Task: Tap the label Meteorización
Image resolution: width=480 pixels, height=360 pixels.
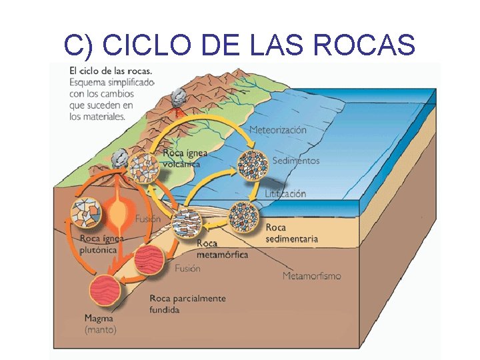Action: (277, 129)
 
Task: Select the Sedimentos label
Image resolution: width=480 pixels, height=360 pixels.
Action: (296, 161)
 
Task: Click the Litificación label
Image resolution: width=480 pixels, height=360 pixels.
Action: (285, 193)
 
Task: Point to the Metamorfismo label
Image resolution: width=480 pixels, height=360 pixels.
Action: (311, 275)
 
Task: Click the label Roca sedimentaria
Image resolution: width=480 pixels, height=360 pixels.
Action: (291, 233)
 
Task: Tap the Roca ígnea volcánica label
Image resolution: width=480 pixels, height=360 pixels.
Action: (185, 158)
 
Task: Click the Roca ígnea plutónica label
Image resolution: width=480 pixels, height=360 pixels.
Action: (98, 244)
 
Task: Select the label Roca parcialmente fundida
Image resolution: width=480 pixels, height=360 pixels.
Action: (187, 304)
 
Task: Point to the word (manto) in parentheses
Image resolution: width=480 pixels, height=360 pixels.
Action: (100, 329)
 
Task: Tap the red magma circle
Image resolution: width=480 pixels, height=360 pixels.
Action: (106, 291)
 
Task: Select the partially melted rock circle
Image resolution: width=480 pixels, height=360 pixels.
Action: (149, 260)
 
